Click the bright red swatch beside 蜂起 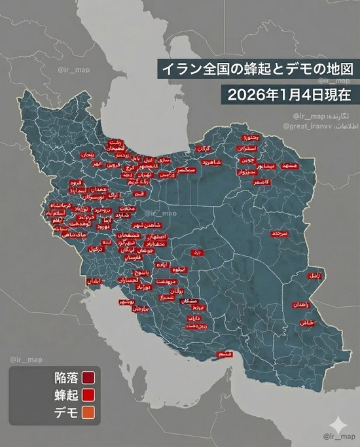(x=88, y=395)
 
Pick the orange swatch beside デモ (x=88, y=412)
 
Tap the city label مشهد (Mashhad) (x=287, y=166)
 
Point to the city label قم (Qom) (x=139, y=194)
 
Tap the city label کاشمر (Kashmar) (x=264, y=181)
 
